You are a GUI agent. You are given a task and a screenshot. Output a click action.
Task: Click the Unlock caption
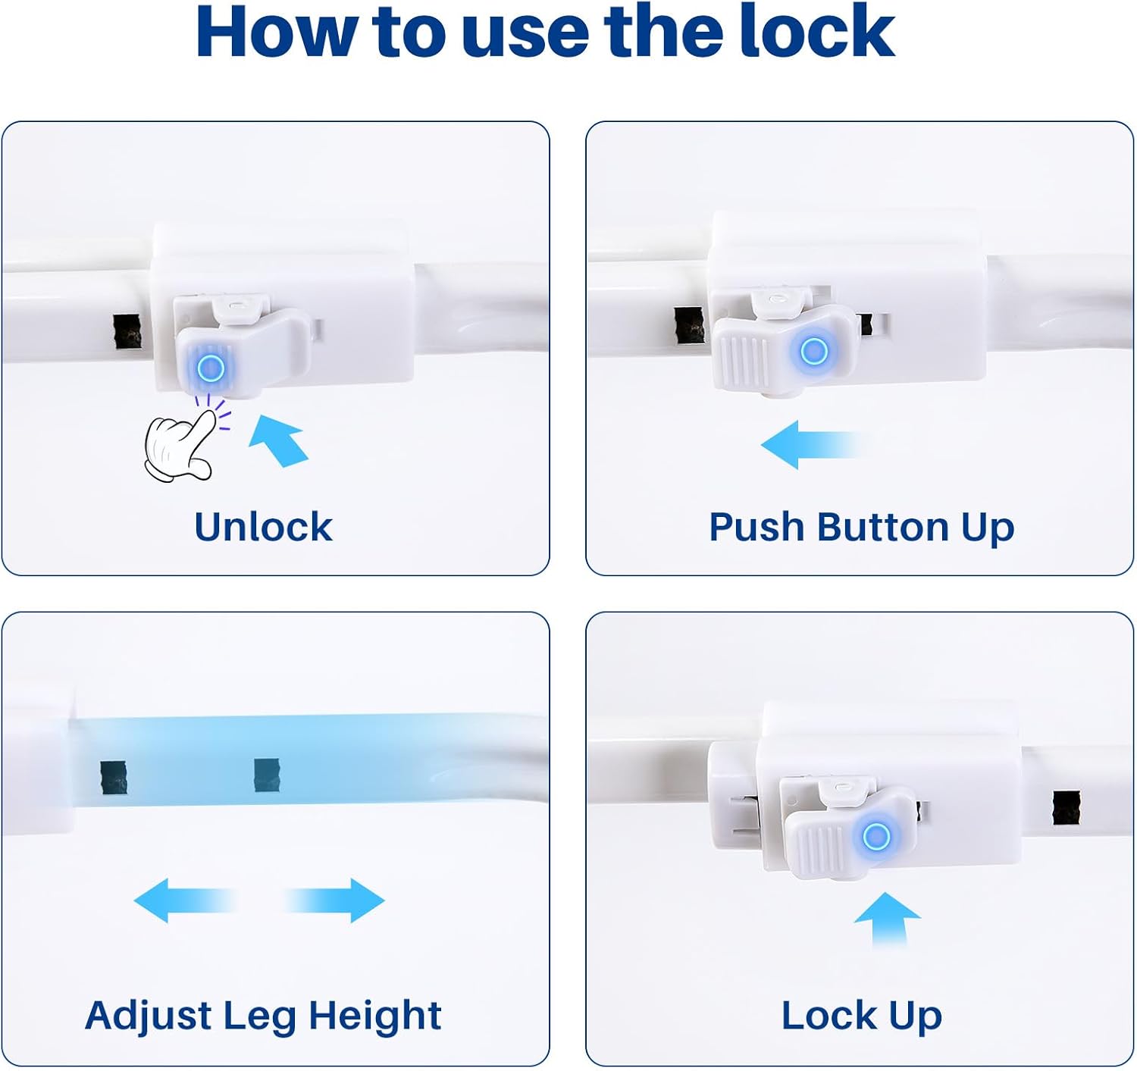point(263,526)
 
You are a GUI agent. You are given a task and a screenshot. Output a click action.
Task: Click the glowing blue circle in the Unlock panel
point(210,368)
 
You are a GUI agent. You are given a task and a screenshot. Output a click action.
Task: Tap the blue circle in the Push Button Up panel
point(813,351)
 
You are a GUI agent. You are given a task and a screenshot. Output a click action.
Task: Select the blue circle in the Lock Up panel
point(876,837)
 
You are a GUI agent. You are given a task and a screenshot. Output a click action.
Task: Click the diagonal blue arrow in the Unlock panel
point(279,440)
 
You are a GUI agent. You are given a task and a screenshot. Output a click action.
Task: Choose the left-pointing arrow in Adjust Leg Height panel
point(185,900)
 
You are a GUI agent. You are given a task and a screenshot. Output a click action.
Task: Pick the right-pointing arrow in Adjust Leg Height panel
point(334,900)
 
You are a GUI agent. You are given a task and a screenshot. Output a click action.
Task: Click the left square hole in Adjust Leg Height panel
point(114,777)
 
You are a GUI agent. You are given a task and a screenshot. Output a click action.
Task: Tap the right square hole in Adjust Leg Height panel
point(267,775)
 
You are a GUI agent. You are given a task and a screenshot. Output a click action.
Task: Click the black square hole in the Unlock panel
point(127,332)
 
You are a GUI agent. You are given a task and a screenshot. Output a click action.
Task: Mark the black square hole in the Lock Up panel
point(1066,808)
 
